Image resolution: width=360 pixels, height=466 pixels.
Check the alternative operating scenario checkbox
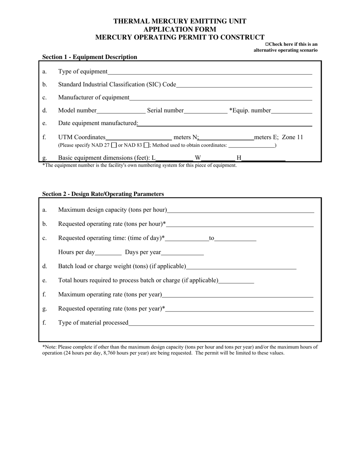coord(267,44)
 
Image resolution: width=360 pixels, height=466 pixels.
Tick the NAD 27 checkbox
coord(114,145)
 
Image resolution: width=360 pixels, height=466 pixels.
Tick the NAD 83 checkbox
coord(147,145)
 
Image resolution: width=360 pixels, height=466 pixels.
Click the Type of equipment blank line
coord(210,72)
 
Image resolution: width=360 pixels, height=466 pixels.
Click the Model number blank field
coord(121,111)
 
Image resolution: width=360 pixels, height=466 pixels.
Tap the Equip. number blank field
coord(291,111)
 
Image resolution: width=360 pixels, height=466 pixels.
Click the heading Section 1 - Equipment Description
coord(90,57)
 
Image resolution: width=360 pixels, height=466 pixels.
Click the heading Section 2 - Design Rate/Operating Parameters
coord(103,194)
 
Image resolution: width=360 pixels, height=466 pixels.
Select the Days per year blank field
coord(182,252)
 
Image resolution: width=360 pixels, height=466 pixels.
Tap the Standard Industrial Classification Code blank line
coord(244,85)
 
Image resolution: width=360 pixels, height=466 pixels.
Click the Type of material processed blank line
coord(221,323)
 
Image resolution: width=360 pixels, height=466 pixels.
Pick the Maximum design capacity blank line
coord(241,210)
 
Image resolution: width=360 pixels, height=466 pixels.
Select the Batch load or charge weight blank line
coord(241,267)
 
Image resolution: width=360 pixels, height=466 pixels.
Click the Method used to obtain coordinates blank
coord(252,145)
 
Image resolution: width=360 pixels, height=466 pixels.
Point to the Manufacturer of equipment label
coord(94,98)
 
